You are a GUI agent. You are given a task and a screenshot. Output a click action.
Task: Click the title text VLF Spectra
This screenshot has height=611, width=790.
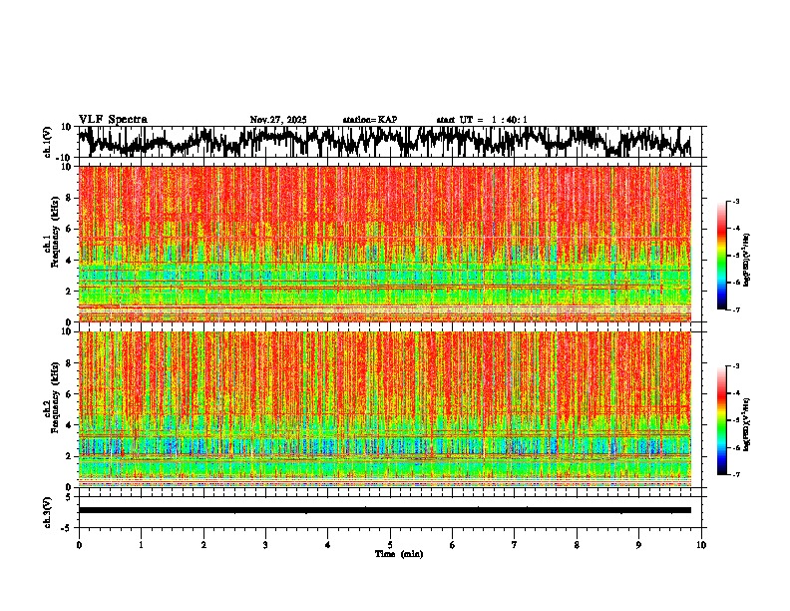[x=113, y=120]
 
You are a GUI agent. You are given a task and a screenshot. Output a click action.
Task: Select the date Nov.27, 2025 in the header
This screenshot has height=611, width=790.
[x=278, y=120]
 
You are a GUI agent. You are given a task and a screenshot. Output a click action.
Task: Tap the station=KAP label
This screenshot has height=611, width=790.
[x=370, y=120]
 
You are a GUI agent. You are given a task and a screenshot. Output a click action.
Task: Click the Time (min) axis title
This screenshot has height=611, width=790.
[x=399, y=554]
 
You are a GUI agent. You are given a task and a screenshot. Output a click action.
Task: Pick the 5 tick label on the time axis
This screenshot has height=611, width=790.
[x=390, y=545]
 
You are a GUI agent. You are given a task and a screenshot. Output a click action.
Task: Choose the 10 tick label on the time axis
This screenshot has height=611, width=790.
[x=701, y=545]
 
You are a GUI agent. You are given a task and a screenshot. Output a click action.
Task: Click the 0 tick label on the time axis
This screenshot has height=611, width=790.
[x=79, y=545]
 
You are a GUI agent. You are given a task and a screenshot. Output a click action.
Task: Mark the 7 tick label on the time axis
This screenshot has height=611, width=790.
[x=515, y=545]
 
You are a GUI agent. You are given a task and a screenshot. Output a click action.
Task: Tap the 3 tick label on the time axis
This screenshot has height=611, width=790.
[x=265, y=545]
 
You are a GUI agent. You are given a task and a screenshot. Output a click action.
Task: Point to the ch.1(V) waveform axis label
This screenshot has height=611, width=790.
[x=48, y=142]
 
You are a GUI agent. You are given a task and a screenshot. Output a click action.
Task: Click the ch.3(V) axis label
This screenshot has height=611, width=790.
[x=48, y=510]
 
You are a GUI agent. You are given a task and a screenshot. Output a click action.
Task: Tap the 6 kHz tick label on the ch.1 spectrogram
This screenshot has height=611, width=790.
[x=70, y=229]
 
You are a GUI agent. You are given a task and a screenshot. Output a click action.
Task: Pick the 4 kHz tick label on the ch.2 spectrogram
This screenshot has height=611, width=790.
[x=70, y=425]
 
